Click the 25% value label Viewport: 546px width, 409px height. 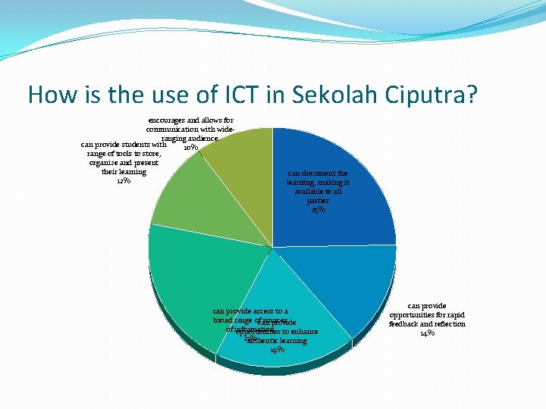point(318,210)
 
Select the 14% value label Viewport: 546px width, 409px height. point(427,333)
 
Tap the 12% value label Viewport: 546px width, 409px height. point(124,180)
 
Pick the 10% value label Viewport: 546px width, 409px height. point(190,148)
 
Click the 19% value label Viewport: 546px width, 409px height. point(277,349)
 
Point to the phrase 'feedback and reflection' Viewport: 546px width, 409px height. point(427,323)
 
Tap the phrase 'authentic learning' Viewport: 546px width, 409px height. point(278,340)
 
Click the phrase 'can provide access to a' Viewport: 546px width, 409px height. point(250,311)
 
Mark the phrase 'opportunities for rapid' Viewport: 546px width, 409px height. point(427,314)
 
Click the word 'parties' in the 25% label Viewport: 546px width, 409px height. point(318,201)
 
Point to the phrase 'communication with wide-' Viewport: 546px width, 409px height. point(190,130)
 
